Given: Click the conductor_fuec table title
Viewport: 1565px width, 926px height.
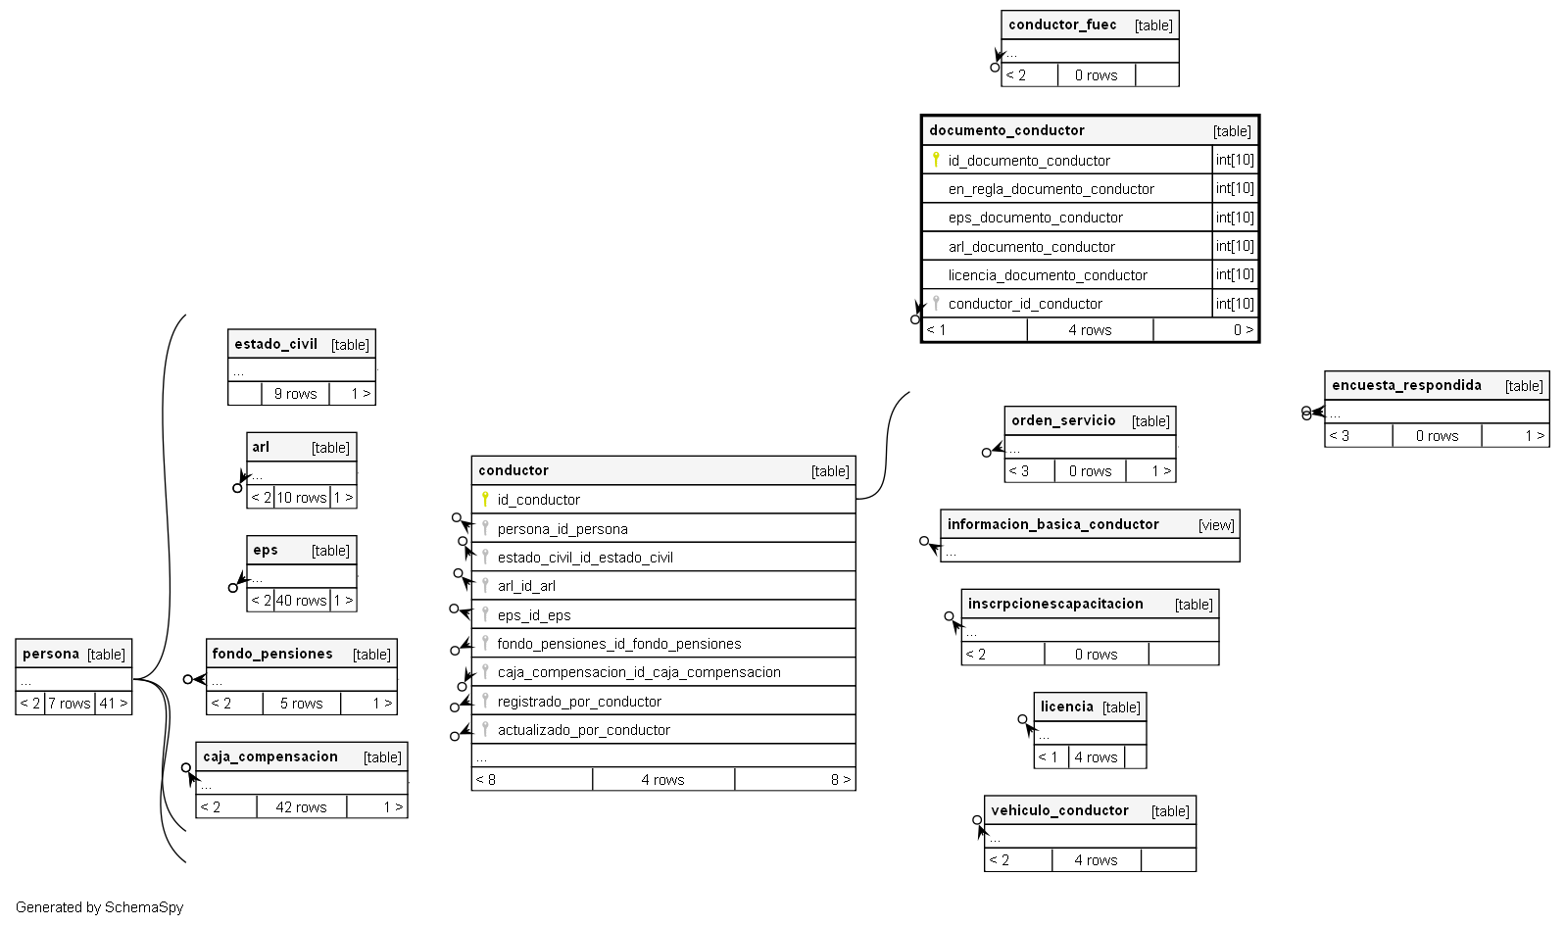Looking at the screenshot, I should (1062, 25).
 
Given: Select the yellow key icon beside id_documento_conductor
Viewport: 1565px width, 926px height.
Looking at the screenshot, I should (936, 160).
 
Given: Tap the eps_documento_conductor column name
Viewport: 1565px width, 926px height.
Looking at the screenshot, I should (1035, 218).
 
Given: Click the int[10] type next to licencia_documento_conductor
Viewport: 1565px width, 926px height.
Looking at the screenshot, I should (1235, 275).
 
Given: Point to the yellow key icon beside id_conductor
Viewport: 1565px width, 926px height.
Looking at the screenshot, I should (485, 499).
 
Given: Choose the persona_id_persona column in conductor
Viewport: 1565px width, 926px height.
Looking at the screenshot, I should (562, 529).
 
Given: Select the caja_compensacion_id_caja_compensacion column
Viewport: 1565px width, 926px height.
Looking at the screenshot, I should (638, 672).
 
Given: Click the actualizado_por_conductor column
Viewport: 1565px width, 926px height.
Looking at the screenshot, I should (583, 730).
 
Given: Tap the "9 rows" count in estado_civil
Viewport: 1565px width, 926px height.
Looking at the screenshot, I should (295, 394).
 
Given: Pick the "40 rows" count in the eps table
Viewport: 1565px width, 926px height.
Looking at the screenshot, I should (302, 601).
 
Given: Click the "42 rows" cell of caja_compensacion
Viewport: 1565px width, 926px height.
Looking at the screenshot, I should (301, 807).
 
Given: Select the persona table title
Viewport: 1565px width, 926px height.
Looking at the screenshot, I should (51, 655).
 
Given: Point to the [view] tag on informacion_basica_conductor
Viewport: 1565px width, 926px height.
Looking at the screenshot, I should (1216, 525).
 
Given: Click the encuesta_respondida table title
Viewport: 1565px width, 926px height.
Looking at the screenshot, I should (1406, 386).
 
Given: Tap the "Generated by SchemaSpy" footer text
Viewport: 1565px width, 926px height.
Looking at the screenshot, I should (99, 907).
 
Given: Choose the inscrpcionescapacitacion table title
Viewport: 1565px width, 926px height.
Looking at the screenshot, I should (1055, 605).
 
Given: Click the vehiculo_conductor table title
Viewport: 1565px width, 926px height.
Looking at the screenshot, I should (1059, 811).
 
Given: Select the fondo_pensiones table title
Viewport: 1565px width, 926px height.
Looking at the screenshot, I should (272, 655).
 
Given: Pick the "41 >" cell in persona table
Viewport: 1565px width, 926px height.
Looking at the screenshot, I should (114, 704).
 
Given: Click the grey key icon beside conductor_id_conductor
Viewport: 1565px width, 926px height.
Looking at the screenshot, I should (936, 304).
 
